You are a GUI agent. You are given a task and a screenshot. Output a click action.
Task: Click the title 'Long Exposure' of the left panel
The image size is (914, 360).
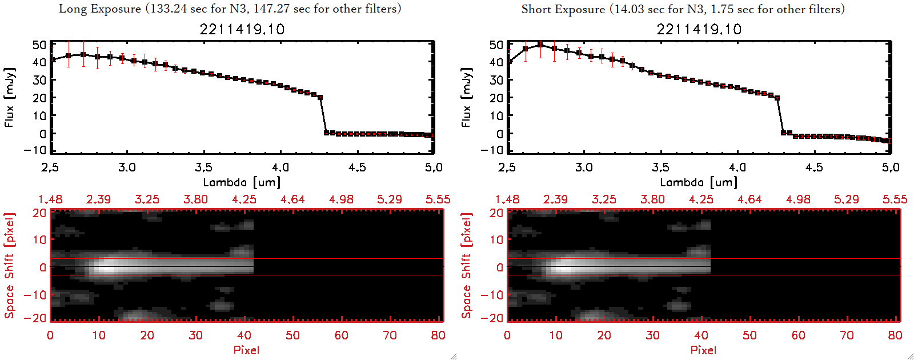pos(100,9)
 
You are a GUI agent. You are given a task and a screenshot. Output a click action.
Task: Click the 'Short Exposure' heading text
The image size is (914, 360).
pos(563,9)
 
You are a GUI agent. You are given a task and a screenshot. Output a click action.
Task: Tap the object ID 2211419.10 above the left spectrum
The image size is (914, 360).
pos(242,29)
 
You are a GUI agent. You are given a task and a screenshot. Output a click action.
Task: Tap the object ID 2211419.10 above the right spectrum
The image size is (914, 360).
pos(699,29)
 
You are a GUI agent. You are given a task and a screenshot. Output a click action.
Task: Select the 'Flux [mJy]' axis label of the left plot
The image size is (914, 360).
pos(9,97)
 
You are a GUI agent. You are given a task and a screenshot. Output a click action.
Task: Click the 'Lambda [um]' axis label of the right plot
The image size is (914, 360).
pos(699,182)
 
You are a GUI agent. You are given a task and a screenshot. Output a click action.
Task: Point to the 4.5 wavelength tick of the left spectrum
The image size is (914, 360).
pos(357,167)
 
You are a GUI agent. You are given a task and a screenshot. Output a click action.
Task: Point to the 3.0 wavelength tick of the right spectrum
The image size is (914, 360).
pos(584,167)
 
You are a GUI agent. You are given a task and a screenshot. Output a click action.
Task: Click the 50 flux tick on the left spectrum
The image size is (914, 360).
pos(39,45)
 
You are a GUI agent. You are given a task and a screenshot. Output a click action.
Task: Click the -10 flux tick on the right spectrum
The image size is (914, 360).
pos(492,150)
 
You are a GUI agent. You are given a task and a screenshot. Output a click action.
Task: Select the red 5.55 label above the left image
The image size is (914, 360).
pos(438,199)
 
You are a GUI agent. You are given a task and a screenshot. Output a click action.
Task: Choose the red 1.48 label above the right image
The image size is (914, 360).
pos(507,199)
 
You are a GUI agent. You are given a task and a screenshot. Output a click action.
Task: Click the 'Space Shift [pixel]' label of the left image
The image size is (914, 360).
pos(9,266)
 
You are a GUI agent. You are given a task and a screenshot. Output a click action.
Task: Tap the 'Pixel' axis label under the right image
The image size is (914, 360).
pos(703,350)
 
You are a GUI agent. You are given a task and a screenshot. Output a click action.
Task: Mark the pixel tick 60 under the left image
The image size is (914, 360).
pos(341,335)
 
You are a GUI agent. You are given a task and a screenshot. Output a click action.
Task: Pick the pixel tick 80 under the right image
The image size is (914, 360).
pos(895,335)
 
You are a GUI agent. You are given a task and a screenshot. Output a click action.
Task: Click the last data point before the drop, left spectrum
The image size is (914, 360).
pos(320,98)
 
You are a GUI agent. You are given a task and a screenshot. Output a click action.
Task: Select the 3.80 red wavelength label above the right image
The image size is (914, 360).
pos(652,199)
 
